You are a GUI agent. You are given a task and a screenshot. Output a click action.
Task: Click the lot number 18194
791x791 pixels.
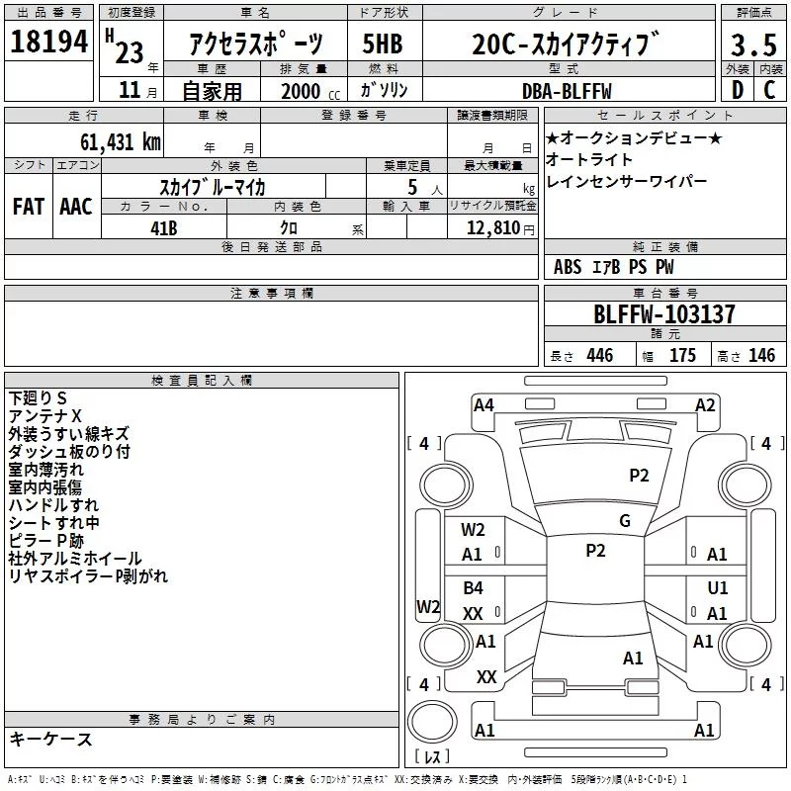click(x=48, y=42)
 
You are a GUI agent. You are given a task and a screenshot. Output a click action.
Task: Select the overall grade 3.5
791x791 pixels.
click(x=753, y=44)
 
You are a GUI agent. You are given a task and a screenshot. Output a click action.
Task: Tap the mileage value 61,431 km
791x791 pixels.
click(x=121, y=142)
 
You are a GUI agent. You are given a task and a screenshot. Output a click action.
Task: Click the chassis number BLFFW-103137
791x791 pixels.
click(x=663, y=314)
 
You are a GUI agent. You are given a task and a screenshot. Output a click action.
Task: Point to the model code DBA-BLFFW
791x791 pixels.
click(x=567, y=91)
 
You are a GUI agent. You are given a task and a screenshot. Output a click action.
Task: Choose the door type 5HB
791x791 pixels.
click(x=383, y=44)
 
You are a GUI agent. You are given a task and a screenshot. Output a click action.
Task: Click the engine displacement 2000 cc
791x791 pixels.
click(x=310, y=91)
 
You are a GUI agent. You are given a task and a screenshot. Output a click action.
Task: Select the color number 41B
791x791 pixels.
click(x=163, y=228)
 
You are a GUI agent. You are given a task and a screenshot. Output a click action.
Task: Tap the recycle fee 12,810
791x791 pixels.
click(x=492, y=228)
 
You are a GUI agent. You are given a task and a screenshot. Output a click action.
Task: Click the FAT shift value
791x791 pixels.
click(x=29, y=207)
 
